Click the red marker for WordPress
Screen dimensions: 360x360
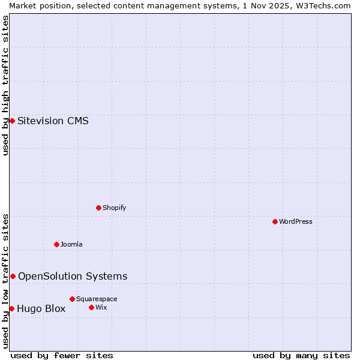coord(275,221)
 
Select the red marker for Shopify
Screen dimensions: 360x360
coord(98,208)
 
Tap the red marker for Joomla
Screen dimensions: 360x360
coord(57,244)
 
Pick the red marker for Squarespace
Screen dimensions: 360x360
coord(72,299)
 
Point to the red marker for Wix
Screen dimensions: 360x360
coord(91,307)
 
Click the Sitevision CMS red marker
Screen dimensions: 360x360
coord(12,121)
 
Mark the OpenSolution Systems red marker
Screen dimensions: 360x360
coord(13,276)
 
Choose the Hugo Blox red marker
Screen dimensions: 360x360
coord(11,308)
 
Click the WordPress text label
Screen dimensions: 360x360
coord(296,221)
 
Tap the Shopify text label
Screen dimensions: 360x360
coord(114,208)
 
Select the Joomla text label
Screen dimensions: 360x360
coord(71,244)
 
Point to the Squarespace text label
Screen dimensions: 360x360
coord(97,299)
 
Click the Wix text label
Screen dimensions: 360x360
coord(101,307)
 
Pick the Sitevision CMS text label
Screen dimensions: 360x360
coord(53,121)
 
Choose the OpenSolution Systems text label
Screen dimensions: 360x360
coord(73,276)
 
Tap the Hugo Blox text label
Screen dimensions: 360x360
coord(41,309)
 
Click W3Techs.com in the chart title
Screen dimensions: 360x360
coord(325,5)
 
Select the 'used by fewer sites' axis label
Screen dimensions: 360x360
coord(62,355)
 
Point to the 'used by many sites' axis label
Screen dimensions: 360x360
coord(301,355)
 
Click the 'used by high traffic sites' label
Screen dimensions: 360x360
coord(5,85)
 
